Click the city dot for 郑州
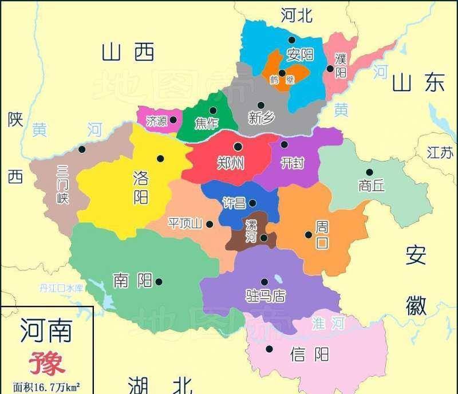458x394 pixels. coord(237,147)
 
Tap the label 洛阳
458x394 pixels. coord(140,186)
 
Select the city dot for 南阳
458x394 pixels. coord(159,281)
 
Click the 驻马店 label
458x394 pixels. coord(265,296)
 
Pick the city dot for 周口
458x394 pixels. coord(309,234)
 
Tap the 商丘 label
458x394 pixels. coord(372,186)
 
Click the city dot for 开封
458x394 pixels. coord(284,144)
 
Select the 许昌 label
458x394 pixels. coord(233,203)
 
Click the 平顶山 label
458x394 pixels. coord(185,224)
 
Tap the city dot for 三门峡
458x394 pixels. coord(82,149)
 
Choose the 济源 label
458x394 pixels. coord(156,121)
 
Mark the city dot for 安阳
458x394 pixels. coord(292,40)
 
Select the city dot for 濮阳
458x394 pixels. coord(330,69)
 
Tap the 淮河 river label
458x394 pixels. coord(329,323)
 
